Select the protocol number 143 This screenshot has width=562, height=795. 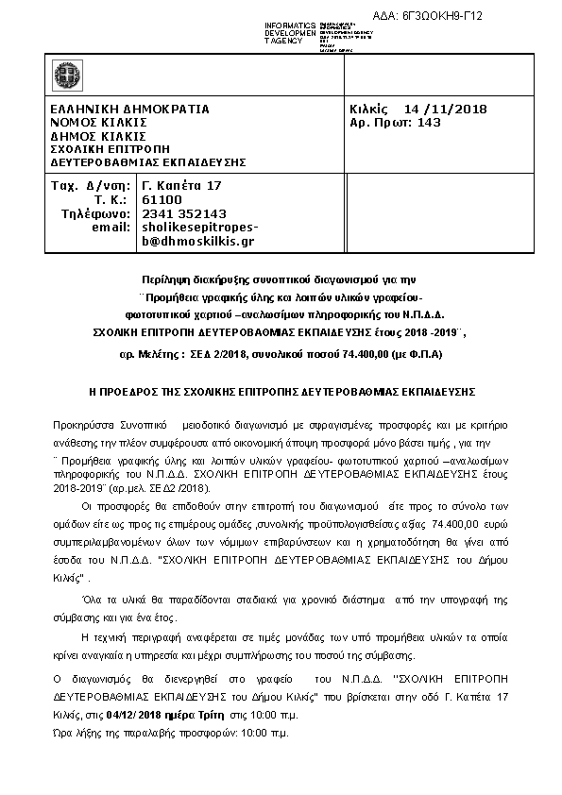point(428,123)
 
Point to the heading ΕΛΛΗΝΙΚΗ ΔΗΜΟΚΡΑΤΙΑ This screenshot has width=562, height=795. point(129,110)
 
